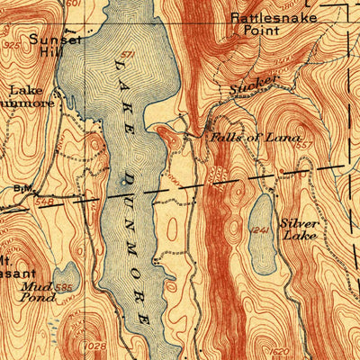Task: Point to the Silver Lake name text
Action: (300, 229)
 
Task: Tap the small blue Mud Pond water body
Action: (64, 278)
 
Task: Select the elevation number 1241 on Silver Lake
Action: (260, 232)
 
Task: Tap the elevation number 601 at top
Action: (73, 4)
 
